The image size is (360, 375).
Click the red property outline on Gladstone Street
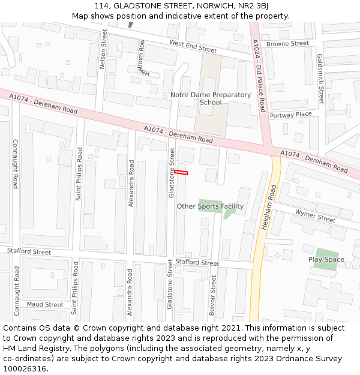point(181,173)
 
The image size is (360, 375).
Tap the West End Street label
point(193,46)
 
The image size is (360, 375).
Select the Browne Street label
point(287,44)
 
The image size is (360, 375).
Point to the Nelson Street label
point(103,49)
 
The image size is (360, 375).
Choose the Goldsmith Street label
point(321,79)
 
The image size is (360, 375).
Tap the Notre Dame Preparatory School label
point(211,98)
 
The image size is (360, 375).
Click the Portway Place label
point(290,115)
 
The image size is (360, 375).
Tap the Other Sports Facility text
point(210,206)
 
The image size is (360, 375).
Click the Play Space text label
point(326,260)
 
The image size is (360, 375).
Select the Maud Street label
point(45,305)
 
